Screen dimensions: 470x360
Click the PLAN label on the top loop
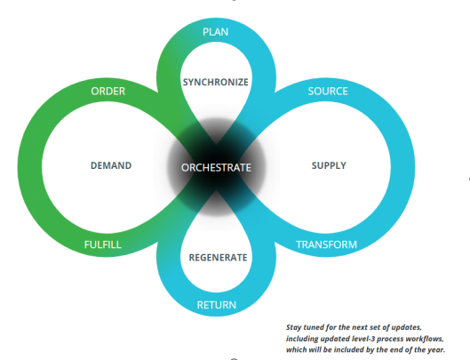click(215, 32)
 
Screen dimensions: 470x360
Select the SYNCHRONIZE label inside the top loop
click(216, 82)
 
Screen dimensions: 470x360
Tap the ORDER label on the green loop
click(108, 92)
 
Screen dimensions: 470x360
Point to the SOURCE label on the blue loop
click(328, 92)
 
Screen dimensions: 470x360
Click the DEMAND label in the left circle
click(111, 165)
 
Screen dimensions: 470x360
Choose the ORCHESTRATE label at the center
click(216, 168)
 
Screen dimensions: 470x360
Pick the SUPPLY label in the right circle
click(329, 165)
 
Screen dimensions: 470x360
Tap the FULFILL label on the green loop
click(103, 244)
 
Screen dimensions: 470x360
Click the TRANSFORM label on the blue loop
click(326, 244)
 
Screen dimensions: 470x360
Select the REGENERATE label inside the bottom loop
click(218, 258)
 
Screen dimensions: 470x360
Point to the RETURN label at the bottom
click(217, 305)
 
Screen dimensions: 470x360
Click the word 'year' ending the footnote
click(438, 350)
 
